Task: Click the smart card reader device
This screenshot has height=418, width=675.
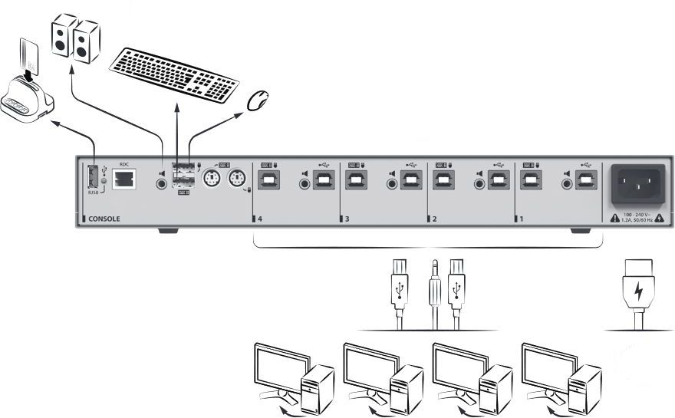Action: pos(28,100)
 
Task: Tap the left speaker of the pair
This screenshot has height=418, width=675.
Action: pos(61,37)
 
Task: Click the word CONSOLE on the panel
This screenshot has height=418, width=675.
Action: pos(104,219)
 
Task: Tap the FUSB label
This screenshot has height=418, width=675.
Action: pos(93,193)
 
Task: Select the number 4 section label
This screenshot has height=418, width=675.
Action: pos(260,219)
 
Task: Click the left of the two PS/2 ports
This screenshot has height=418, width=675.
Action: pos(212,179)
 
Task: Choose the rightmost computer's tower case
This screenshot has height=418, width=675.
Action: pos(584,387)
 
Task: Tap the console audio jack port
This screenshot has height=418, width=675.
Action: pos(162,183)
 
